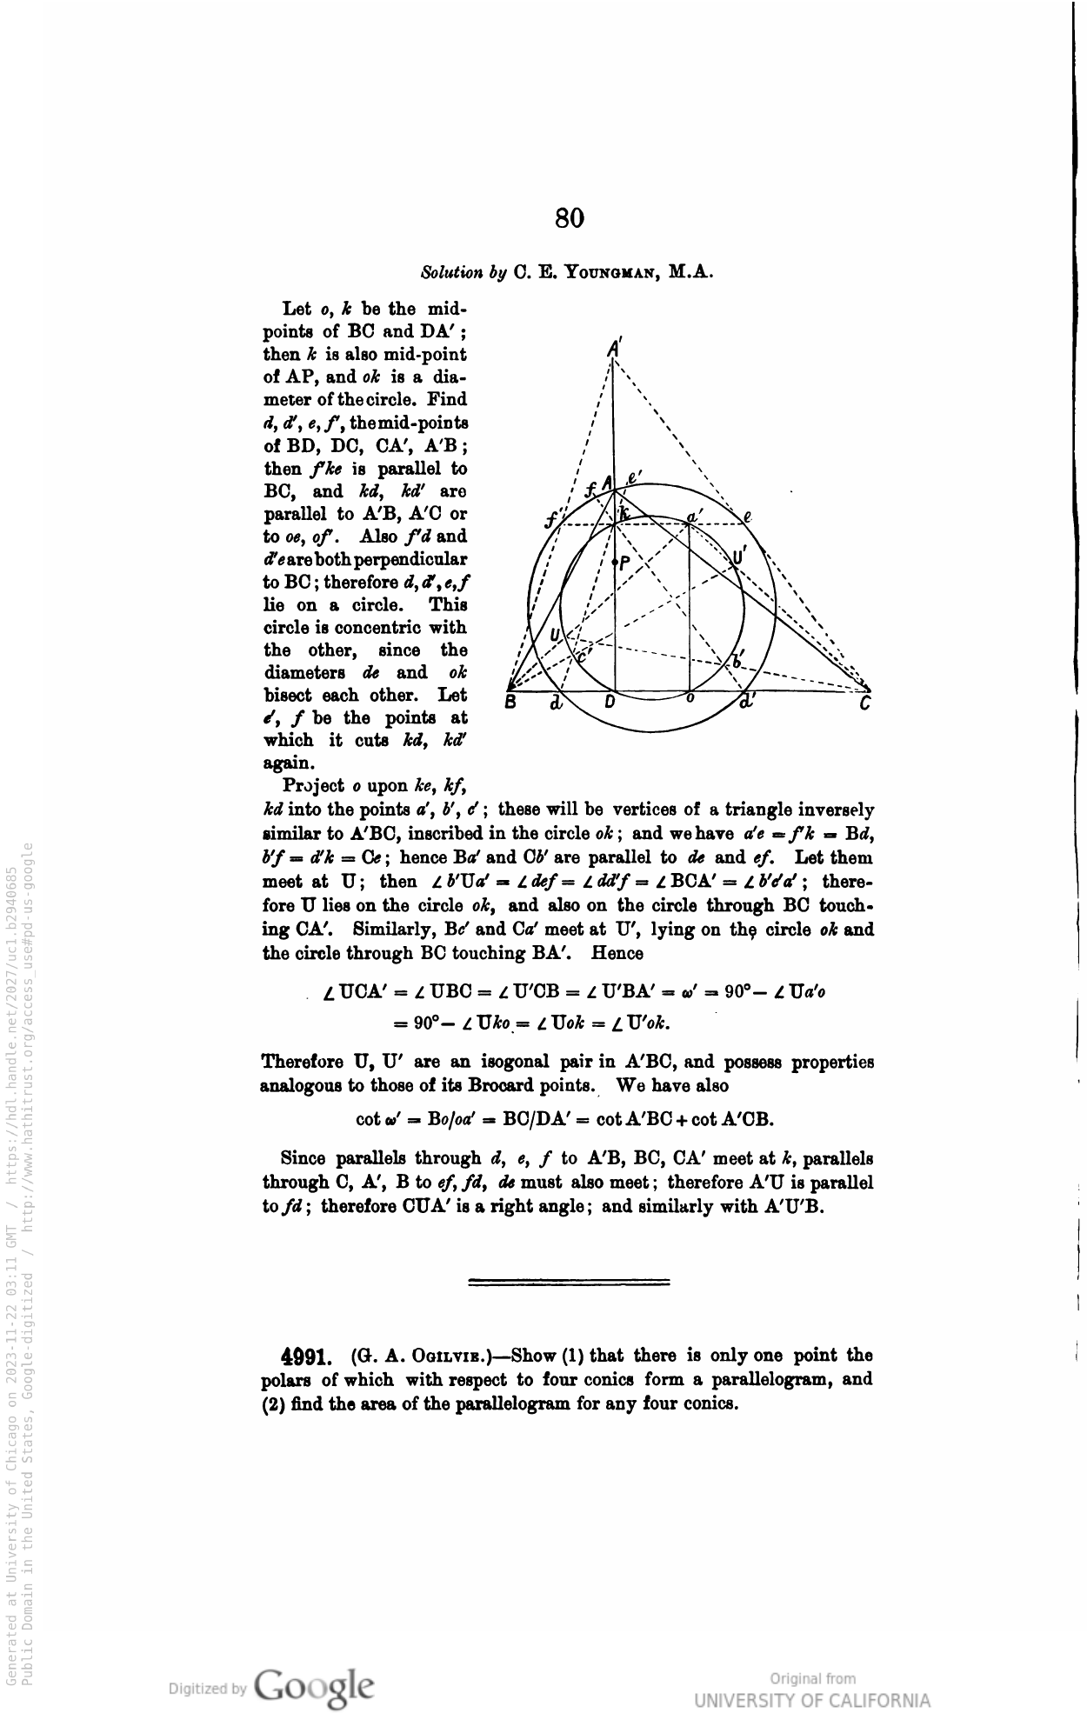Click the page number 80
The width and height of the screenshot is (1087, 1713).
570,217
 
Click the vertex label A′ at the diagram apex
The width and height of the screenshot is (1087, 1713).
614,346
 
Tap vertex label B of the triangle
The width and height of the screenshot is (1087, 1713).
513,703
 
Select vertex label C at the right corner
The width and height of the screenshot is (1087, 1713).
865,705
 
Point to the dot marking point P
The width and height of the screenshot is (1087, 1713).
616,563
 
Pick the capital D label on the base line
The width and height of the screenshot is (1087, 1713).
610,702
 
